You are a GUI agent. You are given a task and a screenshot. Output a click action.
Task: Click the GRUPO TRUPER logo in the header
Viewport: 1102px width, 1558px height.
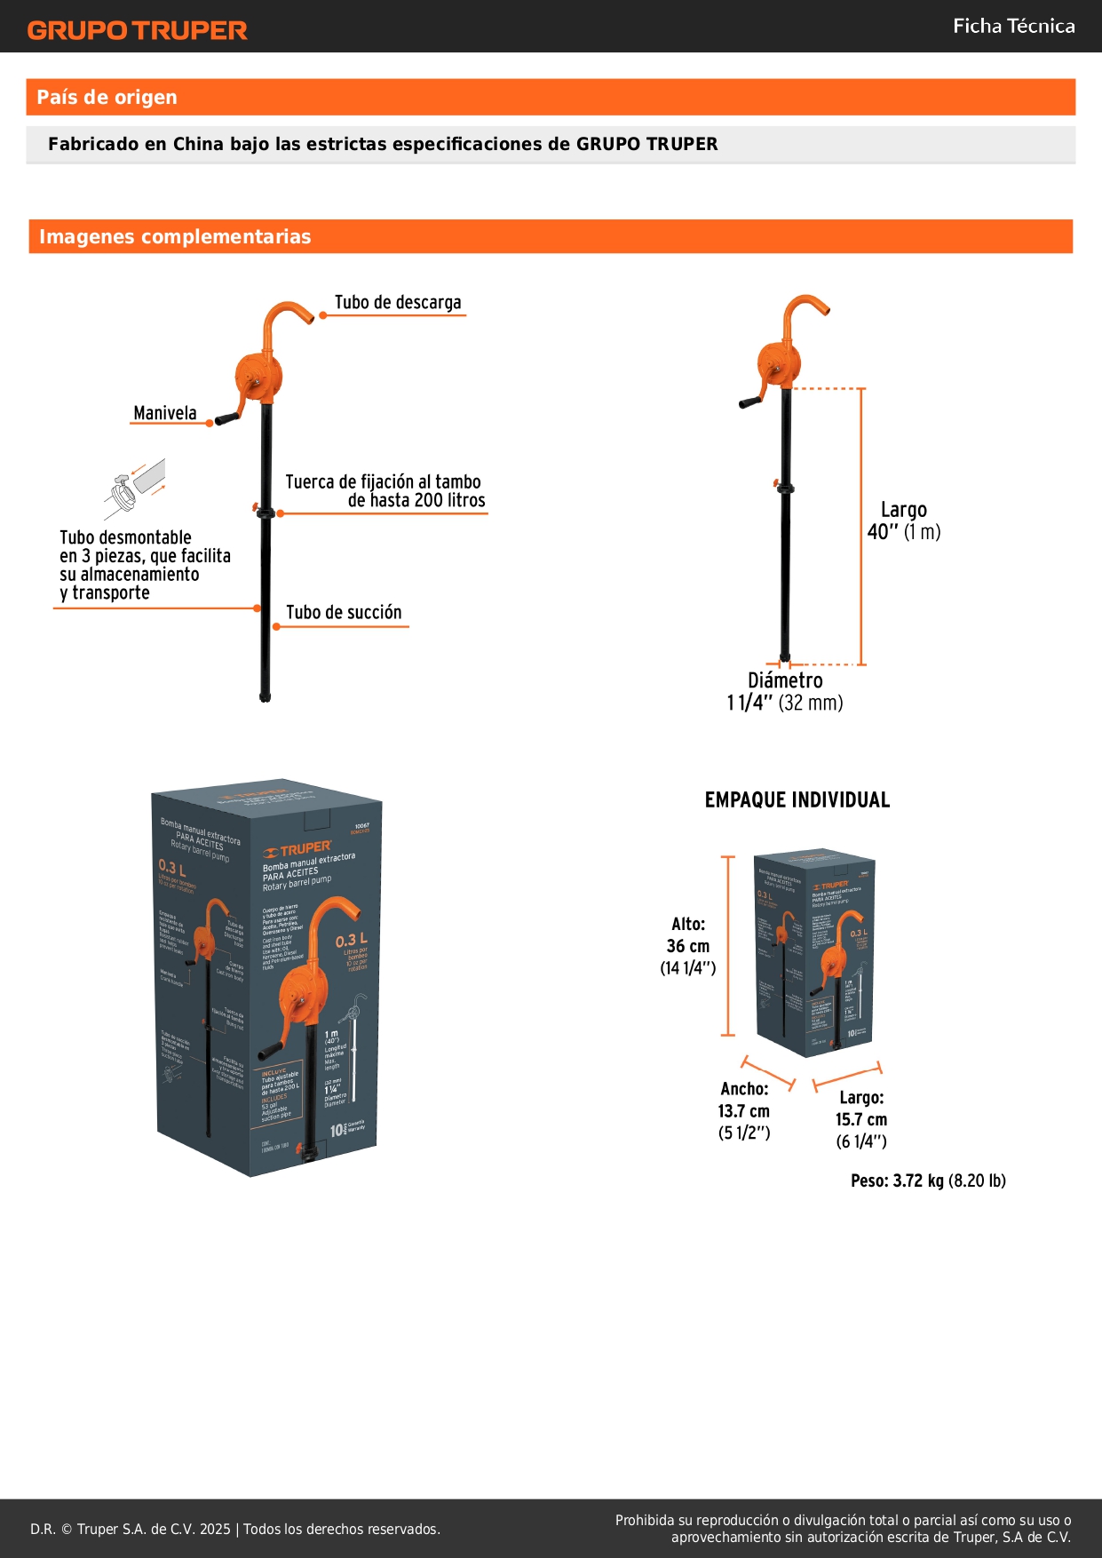(137, 30)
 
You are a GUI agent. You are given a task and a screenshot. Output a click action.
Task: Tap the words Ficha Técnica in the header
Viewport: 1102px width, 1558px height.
(1013, 27)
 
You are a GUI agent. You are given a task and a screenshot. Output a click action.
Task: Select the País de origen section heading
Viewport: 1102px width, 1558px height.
(107, 98)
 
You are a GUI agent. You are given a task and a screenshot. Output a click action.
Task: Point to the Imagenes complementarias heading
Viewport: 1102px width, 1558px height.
(175, 237)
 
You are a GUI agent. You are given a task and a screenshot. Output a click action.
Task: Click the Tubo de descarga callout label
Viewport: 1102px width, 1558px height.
(398, 303)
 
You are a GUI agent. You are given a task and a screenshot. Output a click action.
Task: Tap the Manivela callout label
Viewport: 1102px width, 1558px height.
(165, 413)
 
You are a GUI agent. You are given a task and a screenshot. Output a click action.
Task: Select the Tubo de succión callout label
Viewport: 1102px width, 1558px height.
(344, 613)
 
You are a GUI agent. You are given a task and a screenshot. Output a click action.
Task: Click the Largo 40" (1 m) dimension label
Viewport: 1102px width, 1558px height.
(903, 521)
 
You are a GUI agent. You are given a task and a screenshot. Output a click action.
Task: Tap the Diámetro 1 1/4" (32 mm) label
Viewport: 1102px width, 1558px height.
(785, 692)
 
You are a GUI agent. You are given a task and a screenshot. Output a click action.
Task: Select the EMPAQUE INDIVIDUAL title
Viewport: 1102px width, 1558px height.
(797, 800)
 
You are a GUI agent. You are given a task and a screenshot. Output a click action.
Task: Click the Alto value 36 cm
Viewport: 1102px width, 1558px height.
(688, 947)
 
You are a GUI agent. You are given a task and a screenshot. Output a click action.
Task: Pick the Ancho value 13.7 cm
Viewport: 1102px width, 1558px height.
(744, 1111)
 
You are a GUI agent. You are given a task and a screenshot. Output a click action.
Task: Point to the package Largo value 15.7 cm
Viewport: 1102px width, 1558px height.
(861, 1120)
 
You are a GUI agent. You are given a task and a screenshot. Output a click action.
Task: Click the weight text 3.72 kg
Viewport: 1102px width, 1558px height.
(918, 1181)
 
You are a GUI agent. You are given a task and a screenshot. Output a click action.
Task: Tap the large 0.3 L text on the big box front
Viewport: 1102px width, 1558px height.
(351, 941)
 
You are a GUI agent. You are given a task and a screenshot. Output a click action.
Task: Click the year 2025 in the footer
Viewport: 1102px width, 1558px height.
(215, 1529)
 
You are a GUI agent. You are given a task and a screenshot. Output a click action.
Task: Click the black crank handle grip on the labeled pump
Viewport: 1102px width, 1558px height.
(227, 417)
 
